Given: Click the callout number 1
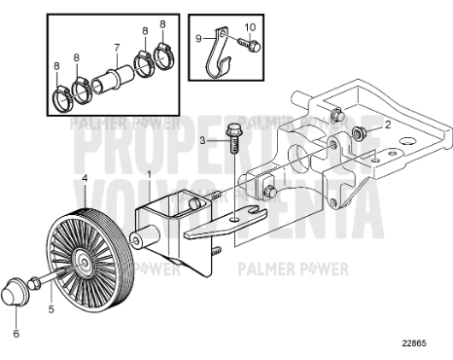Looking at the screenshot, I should pos(149,172).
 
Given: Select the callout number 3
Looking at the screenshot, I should pos(204,141).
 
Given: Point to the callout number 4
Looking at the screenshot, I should pos(85,178).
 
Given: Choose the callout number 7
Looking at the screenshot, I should pos(116,47).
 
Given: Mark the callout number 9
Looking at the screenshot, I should pos(199,39).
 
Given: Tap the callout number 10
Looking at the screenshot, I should pos(249,25).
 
